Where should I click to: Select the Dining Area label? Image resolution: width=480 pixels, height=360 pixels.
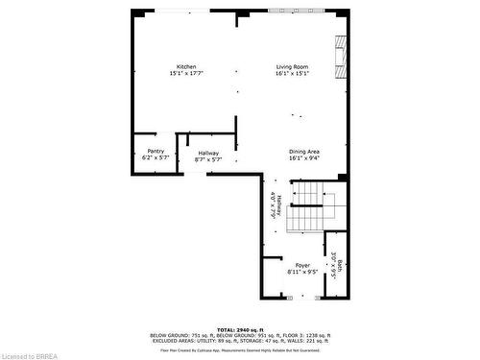(x=304, y=152)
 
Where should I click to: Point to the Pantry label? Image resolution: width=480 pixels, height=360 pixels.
(x=156, y=151)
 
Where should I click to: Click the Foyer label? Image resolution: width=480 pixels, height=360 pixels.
(x=302, y=265)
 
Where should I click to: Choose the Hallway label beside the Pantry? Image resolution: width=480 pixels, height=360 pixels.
(x=208, y=153)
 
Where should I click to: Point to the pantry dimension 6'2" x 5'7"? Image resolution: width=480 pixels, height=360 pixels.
(x=156, y=157)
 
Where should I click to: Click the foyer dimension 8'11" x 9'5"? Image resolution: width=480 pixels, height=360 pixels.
(x=302, y=272)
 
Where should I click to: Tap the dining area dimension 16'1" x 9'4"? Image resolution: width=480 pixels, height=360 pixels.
(x=304, y=158)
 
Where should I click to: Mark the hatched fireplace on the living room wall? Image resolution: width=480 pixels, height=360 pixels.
(x=339, y=57)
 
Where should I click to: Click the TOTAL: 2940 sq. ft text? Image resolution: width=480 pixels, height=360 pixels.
(x=239, y=329)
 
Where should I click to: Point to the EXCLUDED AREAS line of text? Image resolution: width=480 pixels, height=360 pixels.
(x=239, y=341)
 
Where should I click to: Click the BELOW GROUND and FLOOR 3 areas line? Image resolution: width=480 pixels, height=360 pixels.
(x=239, y=335)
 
